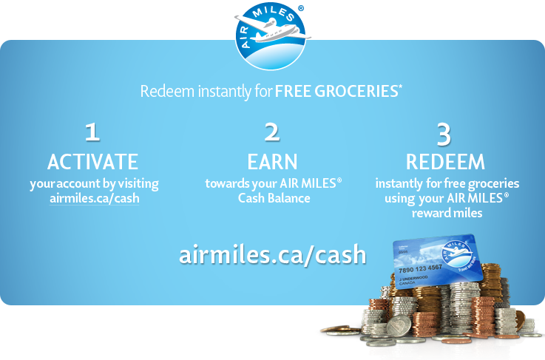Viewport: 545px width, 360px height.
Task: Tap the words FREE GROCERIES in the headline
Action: coord(337,92)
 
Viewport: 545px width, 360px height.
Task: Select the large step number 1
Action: coord(92,132)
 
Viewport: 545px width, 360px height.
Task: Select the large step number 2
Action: coord(272,132)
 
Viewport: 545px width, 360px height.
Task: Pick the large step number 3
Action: coord(444,134)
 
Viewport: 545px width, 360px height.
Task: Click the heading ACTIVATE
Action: coord(92,161)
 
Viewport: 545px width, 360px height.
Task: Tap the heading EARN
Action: coord(272,161)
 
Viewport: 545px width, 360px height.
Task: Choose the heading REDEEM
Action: coord(445,162)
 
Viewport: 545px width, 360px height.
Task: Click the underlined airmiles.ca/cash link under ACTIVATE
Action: coord(94,199)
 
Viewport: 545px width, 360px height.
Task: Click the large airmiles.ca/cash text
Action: coord(272,254)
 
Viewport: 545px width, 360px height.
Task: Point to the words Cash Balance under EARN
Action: coord(274,198)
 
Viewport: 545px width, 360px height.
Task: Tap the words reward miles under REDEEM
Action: coord(447,213)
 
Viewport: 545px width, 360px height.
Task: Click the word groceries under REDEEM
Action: coord(495,183)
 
